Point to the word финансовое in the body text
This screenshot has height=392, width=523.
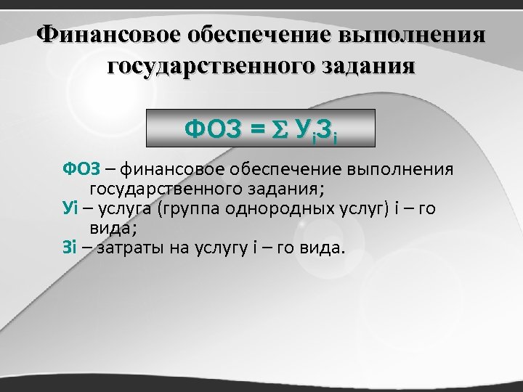pyautogui.click(x=170, y=170)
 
